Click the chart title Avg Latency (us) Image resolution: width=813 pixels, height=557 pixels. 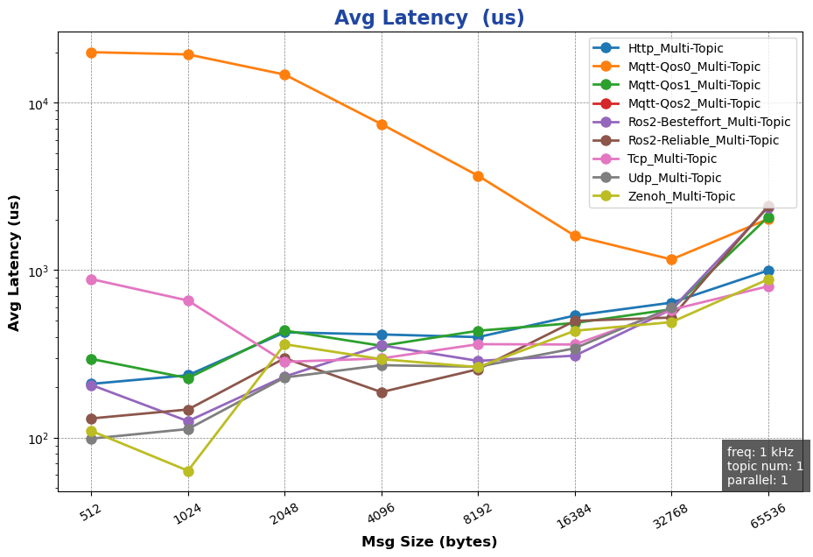(429, 18)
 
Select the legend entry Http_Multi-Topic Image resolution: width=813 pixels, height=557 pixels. (675, 48)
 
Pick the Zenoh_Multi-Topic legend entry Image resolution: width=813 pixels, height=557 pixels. (682, 196)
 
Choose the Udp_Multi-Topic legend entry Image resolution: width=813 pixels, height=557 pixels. (675, 178)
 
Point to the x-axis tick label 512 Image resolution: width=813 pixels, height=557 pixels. (90, 514)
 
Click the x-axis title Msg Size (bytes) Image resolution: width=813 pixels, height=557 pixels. (429, 542)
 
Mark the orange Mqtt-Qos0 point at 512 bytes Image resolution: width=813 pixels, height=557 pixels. (91, 53)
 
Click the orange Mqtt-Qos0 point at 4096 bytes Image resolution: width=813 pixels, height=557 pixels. (382, 124)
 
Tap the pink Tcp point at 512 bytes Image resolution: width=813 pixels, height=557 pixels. (91, 279)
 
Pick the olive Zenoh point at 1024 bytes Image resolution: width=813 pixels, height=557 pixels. (188, 471)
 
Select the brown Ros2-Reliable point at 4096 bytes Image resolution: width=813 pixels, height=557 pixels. (382, 392)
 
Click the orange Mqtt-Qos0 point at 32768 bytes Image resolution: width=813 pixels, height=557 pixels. (671, 259)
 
